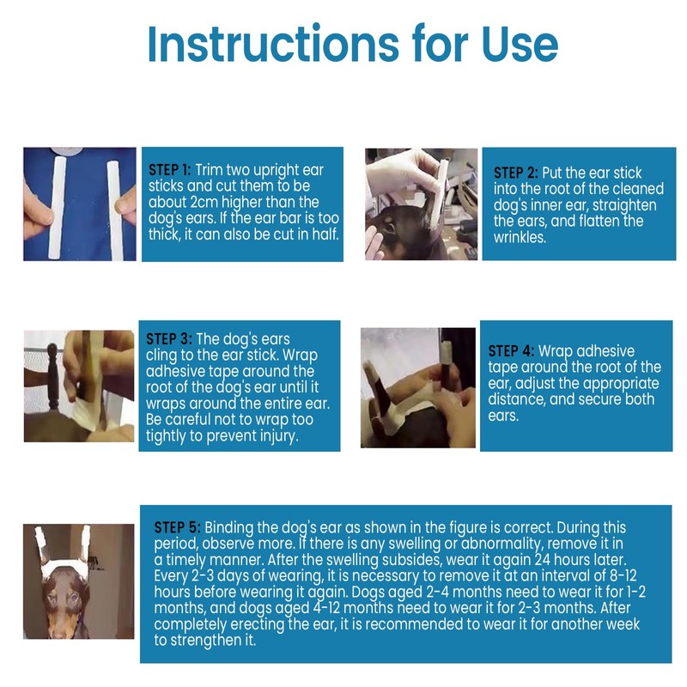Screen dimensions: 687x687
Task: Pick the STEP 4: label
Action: (x=511, y=350)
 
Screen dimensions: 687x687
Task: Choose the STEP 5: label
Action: (x=178, y=526)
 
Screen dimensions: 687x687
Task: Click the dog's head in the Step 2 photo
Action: (x=404, y=232)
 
